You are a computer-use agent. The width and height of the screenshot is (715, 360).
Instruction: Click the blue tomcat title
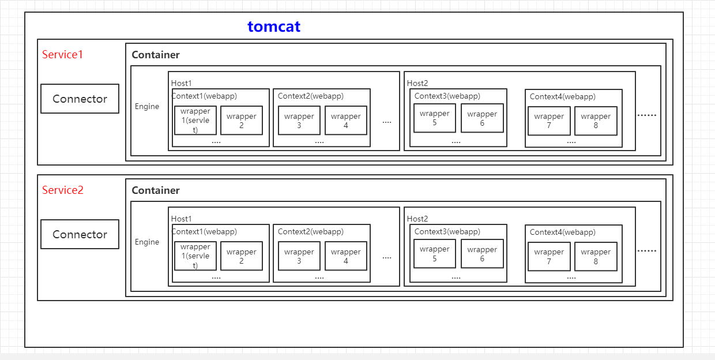click(274, 27)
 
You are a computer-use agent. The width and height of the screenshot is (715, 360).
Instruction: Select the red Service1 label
click(62, 55)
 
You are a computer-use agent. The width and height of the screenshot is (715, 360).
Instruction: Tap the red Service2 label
click(62, 190)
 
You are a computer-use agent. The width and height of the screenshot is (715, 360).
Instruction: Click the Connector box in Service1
click(80, 99)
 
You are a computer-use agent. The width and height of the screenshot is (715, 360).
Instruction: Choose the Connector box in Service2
click(80, 234)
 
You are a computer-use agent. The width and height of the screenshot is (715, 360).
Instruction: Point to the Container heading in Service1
click(156, 55)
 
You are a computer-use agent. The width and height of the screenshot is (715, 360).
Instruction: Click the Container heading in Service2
click(156, 190)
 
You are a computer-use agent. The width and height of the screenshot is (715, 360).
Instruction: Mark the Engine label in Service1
click(147, 107)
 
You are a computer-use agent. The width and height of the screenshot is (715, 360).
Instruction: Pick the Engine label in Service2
click(147, 242)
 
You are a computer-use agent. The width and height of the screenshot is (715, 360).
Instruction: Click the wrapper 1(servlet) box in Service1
click(195, 121)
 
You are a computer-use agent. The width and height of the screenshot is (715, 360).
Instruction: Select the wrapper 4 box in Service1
click(346, 121)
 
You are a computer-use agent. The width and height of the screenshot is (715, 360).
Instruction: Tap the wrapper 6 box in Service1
click(482, 118)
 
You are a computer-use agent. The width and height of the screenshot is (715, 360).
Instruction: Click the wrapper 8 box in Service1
click(596, 121)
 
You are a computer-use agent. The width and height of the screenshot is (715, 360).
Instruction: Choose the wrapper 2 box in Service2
click(242, 256)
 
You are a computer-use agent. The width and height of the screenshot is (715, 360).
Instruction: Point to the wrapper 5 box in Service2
click(435, 254)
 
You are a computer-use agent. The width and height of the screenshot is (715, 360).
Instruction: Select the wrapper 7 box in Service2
click(549, 256)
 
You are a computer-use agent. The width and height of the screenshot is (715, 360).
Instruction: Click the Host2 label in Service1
click(417, 84)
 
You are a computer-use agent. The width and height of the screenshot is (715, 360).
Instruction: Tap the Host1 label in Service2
click(182, 219)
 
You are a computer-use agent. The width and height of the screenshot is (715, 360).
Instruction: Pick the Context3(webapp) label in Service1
click(447, 96)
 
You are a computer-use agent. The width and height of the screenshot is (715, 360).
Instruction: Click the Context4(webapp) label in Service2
click(562, 232)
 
